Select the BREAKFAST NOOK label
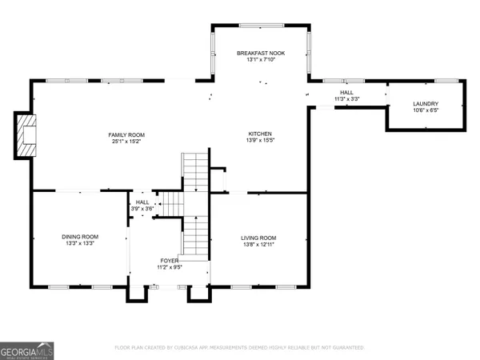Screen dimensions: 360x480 pos(260,53)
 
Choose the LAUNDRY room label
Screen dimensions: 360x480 pos(425,104)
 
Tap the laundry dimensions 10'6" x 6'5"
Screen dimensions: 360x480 pos(425,112)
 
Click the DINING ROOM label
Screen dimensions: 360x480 pos(80,236)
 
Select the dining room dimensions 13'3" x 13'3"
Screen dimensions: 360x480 pos(80,244)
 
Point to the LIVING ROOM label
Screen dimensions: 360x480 pos(259,238)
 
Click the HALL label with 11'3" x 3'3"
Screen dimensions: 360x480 pos(346,93)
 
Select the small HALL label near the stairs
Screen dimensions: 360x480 pos(142,202)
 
